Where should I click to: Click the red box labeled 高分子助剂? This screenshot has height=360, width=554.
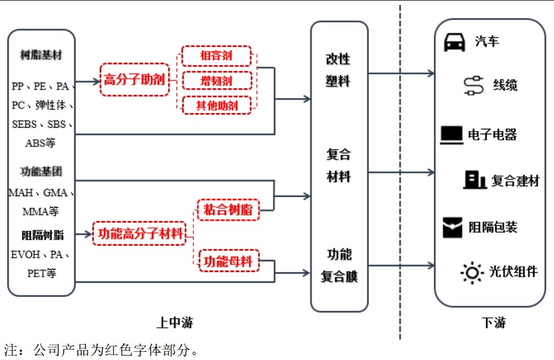click(134, 80)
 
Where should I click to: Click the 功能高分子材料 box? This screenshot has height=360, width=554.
click(140, 234)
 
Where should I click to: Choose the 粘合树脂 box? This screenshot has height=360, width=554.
click(228, 209)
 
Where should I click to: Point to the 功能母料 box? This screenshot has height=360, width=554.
click(228, 262)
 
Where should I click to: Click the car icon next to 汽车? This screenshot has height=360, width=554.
click(454, 42)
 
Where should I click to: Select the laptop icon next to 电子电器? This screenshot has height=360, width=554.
click(452, 134)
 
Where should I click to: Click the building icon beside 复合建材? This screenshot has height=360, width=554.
click(475, 179)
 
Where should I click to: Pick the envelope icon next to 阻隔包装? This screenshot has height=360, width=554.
click(453, 227)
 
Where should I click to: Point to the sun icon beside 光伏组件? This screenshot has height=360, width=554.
click(472, 272)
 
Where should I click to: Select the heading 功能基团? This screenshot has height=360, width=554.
click(41, 172)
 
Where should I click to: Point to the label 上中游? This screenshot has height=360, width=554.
click(175, 322)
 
